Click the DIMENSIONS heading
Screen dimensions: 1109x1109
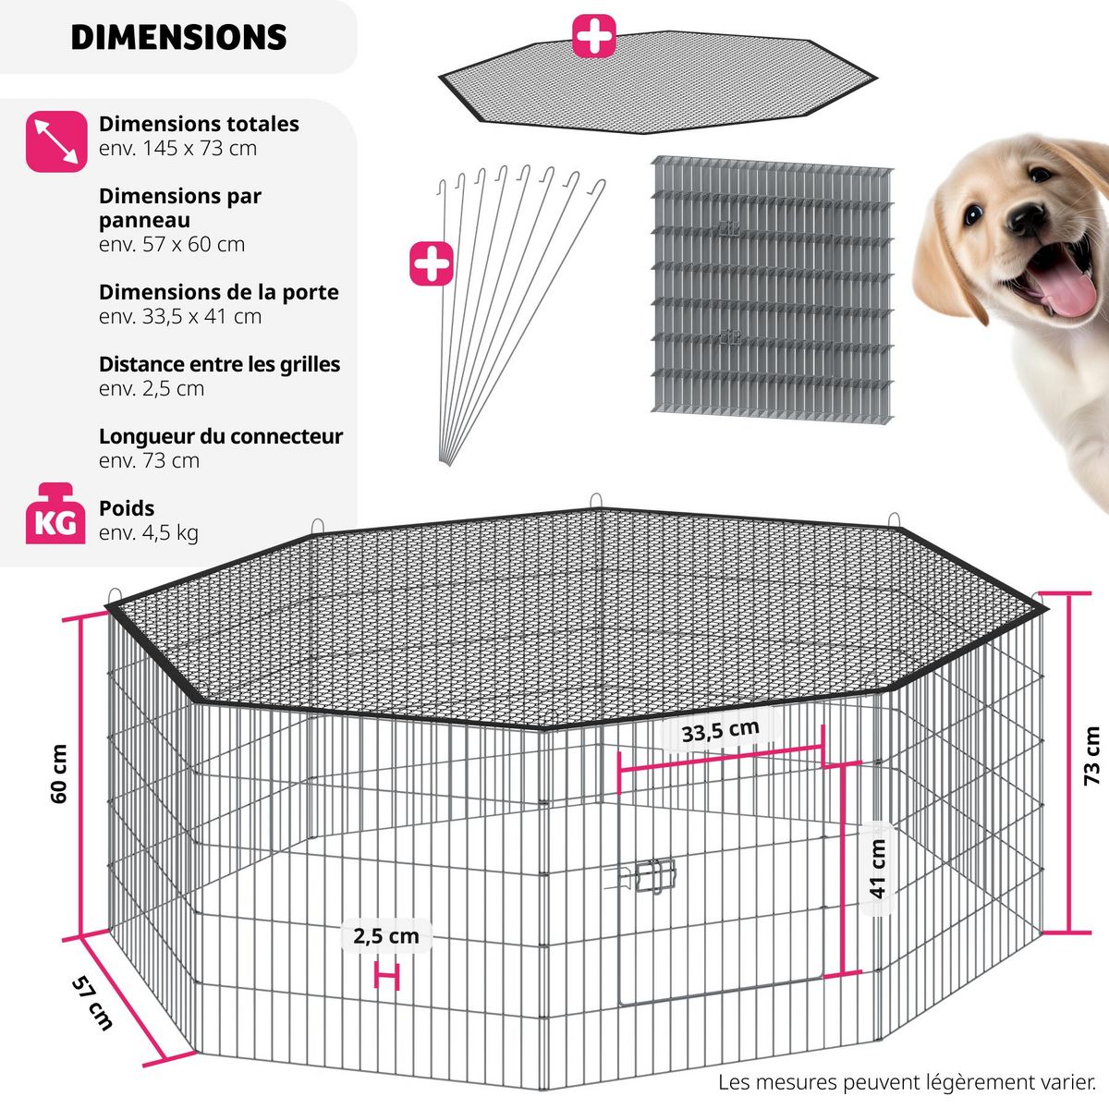coord(178,37)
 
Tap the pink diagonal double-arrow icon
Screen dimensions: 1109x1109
coord(56,141)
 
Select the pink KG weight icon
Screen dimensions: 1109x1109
coord(55,513)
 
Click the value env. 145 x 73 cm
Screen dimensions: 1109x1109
coord(177,149)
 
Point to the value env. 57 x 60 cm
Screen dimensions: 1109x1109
coord(172,245)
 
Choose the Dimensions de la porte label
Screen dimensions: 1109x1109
coord(219,292)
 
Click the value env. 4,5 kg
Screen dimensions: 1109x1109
coord(149,533)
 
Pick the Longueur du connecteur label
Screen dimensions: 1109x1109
coord(221,436)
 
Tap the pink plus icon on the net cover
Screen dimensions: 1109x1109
coord(594,36)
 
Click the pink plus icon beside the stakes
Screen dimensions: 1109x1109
coord(432,263)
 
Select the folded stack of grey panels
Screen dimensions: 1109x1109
coord(772,289)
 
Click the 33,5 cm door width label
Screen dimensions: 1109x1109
coord(720,730)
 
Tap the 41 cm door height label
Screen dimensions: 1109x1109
coord(878,869)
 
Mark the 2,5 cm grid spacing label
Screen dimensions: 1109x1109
coord(385,936)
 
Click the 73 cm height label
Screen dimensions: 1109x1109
coord(1091,756)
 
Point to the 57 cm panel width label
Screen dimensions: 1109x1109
coord(92,1003)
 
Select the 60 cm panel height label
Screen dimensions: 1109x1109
coord(59,774)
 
